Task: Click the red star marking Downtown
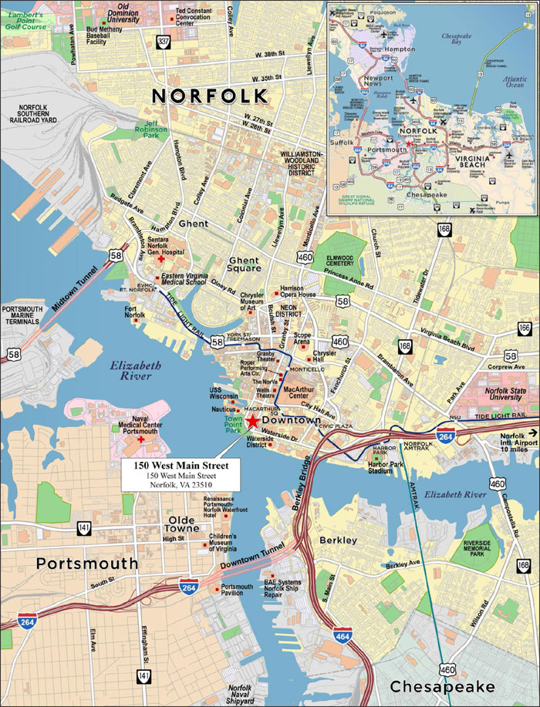(253, 420)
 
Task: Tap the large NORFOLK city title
(210, 96)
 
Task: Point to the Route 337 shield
(162, 42)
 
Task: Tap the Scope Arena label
(302, 339)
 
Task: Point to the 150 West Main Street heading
(181, 466)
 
